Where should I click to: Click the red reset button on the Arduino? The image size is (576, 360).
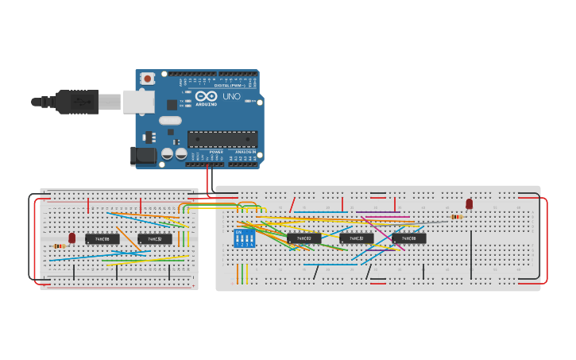click(147, 79)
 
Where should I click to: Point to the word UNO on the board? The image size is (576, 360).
click(230, 96)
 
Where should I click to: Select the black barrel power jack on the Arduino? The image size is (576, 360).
click(143, 156)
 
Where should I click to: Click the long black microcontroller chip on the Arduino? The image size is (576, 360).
click(222, 139)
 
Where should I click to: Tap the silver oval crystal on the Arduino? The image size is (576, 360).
click(170, 121)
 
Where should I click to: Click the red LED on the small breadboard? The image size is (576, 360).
click(72, 238)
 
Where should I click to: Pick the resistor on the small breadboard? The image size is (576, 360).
click(60, 246)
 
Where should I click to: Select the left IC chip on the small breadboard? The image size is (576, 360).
click(102, 238)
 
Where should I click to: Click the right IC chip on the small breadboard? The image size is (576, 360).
click(155, 238)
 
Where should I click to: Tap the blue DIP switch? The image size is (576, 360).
click(244, 238)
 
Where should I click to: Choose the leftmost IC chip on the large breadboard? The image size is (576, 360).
click(304, 238)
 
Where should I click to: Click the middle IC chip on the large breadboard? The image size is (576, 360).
click(357, 238)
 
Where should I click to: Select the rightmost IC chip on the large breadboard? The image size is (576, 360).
click(409, 238)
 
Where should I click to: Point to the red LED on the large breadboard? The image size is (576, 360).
click(469, 204)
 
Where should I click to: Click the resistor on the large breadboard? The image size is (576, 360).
click(457, 216)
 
